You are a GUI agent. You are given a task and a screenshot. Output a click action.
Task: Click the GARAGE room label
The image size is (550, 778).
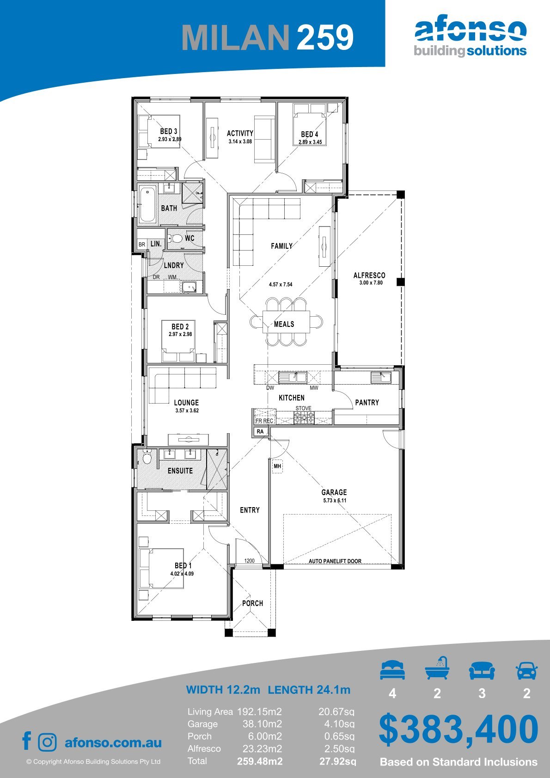[334, 492]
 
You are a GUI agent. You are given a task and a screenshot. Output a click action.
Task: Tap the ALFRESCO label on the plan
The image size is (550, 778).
[369, 275]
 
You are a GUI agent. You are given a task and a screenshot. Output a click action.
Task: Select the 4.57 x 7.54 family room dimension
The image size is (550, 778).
[281, 284]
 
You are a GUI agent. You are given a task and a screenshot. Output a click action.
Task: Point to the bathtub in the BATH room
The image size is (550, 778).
[147, 205]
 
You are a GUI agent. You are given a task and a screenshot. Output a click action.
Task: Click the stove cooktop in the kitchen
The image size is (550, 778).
[304, 417]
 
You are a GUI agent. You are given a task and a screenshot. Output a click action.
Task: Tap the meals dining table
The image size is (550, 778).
[286, 322]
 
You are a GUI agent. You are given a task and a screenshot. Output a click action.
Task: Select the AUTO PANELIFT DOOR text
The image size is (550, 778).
[335, 561]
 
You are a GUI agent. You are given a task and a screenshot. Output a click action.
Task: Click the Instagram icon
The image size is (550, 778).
[47, 742]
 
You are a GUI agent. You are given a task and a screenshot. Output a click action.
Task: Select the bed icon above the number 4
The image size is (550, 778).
[392, 670]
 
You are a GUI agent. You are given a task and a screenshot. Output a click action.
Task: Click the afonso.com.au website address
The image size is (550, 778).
[113, 742]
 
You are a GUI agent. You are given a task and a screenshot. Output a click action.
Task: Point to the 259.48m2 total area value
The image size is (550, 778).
[260, 761]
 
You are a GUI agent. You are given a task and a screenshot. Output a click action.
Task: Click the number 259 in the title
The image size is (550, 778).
[325, 37]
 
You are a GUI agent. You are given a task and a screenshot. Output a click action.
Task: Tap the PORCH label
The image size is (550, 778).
[252, 603]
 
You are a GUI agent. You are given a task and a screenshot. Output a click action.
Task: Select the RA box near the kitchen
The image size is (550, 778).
[260, 432]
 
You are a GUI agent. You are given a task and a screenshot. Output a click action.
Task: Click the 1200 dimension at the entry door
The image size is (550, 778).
[249, 561]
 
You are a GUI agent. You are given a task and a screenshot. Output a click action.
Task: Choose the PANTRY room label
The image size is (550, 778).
[367, 402]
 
